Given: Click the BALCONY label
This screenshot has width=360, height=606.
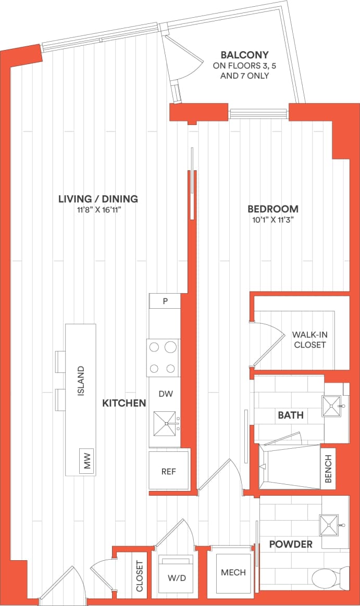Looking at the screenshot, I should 244,55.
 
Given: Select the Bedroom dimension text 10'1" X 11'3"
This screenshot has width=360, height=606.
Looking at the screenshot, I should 273,220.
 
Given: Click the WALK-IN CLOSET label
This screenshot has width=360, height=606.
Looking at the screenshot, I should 309,339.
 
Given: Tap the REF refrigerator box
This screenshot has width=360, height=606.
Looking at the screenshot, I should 168,472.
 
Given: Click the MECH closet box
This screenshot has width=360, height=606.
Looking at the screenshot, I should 233,573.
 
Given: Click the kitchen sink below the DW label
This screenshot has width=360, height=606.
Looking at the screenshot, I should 166,423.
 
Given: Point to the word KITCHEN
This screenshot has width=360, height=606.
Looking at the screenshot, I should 124,403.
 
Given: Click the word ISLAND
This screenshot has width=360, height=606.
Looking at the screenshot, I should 81,382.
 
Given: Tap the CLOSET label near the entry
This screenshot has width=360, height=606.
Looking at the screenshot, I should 139,576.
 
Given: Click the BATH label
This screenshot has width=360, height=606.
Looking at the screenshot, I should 291,415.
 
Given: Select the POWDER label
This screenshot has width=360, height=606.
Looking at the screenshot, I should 291,544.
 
